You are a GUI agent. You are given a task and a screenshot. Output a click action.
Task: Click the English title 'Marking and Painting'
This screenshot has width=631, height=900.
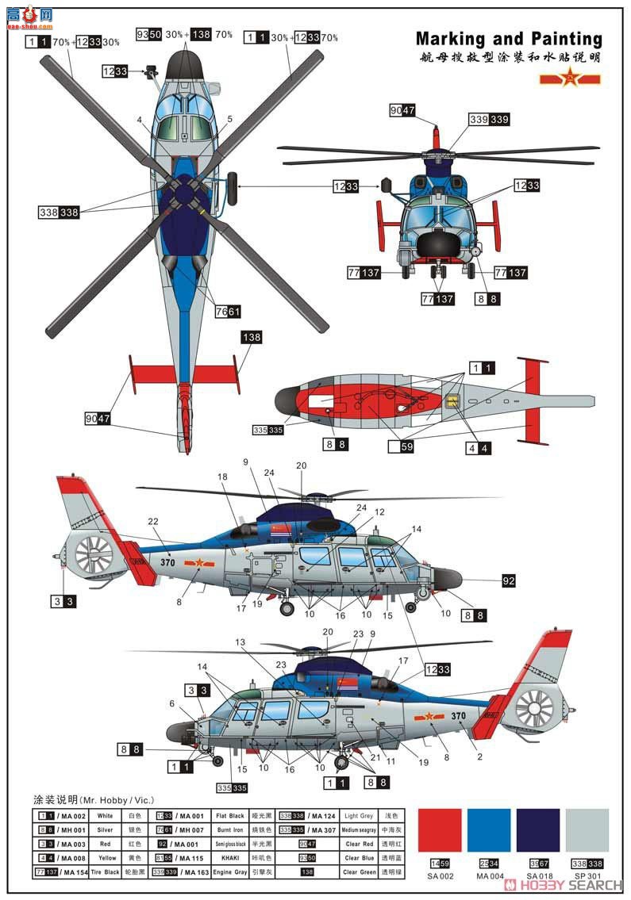click(509, 39)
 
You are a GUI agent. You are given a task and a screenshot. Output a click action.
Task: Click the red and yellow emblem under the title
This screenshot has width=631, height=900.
click(570, 79)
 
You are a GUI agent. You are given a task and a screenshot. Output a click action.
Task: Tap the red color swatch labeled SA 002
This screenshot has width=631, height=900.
click(439, 830)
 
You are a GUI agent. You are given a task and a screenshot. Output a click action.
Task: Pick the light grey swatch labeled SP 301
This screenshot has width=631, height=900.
click(587, 830)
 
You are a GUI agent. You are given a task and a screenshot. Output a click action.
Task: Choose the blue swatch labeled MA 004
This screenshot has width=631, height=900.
click(489, 830)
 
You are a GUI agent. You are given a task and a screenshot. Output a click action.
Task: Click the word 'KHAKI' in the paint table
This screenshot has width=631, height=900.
click(230, 858)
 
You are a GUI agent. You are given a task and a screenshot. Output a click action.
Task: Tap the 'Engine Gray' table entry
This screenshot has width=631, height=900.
click(230, 872)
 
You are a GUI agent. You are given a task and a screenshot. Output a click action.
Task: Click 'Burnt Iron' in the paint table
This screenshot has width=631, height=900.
click(230, 829)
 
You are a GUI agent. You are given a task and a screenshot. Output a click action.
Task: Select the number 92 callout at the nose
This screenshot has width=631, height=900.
click(508, 581)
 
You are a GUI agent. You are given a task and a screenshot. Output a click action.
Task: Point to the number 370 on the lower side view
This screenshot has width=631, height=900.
click(459, 715)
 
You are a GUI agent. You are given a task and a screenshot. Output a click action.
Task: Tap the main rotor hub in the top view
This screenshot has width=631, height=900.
click(185, 193)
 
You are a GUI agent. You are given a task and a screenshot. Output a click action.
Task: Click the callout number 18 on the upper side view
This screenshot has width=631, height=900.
click(223, 477)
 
